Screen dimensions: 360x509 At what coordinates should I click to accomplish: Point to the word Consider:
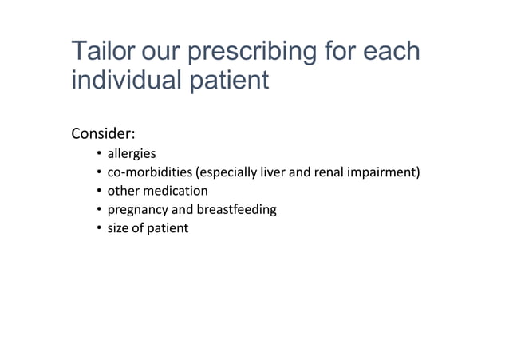pyautogui.click(x=104, y=132)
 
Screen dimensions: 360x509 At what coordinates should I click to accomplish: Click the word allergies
pyautogui.click(x=132, y=153)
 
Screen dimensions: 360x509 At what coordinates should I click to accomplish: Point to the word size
pyautogui.click(x=120, y=228)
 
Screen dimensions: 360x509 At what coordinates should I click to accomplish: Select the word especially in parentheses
pyautogui.click(x=218, y=172)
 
